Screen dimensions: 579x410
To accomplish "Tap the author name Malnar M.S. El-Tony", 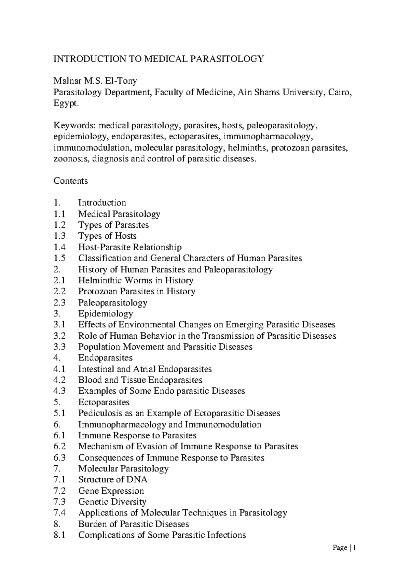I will point(95,81).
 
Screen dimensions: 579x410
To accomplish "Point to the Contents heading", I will point(71,181).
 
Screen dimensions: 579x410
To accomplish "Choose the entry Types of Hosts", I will point(107,236).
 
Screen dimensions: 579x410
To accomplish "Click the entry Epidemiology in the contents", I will point(106,313).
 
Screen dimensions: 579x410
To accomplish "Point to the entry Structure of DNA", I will point(113,479).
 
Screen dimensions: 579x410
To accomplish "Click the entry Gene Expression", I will point(111,491).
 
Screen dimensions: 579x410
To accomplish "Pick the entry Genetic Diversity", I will point(112,502).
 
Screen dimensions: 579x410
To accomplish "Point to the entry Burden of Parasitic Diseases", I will point(134,524).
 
